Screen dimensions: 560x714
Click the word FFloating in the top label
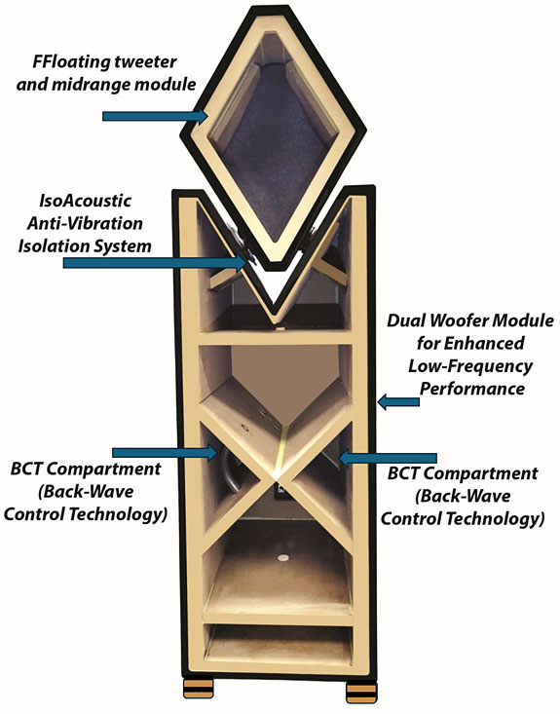coord(67,62)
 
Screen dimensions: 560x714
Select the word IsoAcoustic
coord(85,201)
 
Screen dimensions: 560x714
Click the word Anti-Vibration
coord(85,224)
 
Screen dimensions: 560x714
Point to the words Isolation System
coord(85,246)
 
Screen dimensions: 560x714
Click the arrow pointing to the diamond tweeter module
coord(155,116)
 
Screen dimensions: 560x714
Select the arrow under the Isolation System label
coord(160,263)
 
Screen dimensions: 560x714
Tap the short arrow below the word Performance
coord(399,401)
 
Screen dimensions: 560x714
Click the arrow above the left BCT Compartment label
coord(165,452)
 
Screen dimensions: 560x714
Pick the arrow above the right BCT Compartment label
coord(389,458)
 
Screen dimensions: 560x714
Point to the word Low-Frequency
coord(470,366)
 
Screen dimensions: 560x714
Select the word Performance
coord(472,389)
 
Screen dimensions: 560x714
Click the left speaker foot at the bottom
coord(198,689)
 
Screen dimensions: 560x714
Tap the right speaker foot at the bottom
coord(361,693)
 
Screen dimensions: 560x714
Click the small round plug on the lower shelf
coord(284,557)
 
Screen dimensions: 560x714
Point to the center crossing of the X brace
coord(276,477)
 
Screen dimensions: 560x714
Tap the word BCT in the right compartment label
coord(405,473)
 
